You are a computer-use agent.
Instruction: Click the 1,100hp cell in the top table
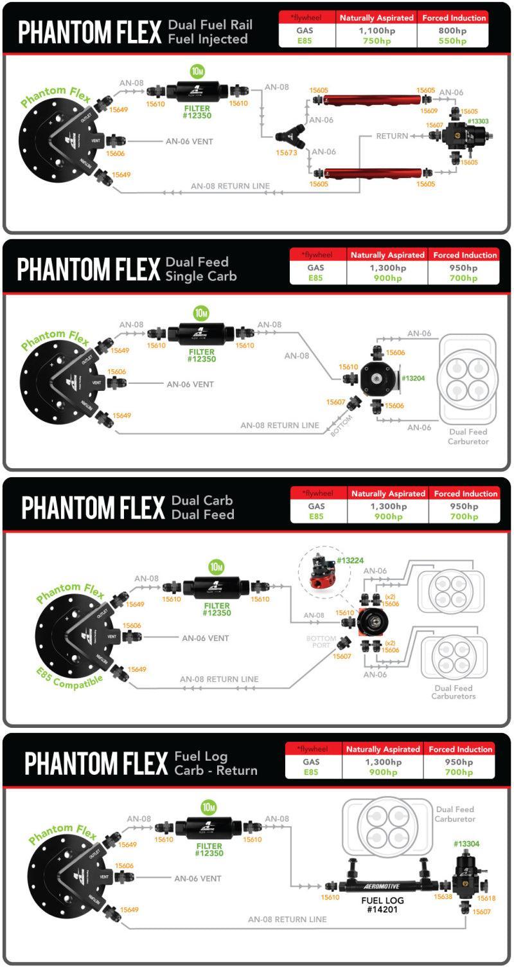click(376, 30)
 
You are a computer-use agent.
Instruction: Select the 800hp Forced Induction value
click(453, 30)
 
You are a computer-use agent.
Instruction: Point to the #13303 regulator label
click(477, 121)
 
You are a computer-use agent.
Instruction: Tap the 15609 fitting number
click(429, 111)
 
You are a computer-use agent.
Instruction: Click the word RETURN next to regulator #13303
click(392, 136)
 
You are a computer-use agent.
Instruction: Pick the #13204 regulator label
click(413, 378)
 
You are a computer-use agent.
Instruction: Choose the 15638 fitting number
click(443, 896)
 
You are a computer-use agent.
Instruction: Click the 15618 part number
click(486, 898)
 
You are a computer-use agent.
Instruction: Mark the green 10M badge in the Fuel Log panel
click(208, 807)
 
